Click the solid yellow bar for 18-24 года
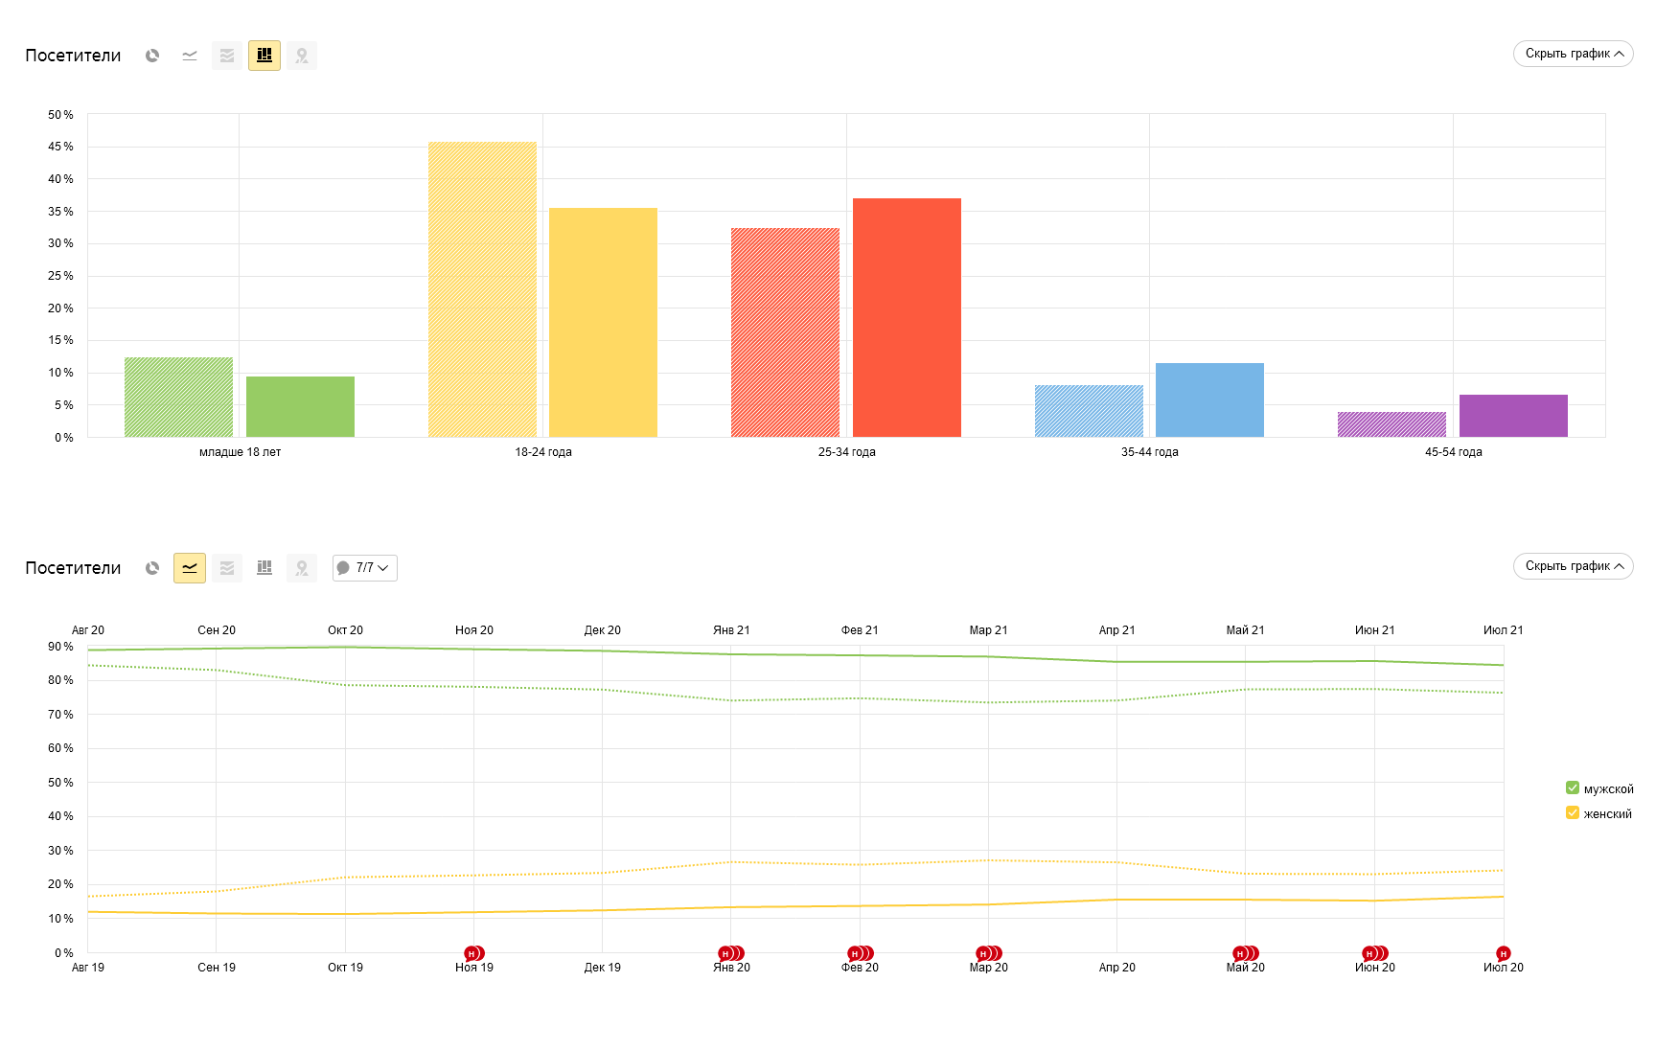point(603,322)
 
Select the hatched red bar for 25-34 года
point(785,332)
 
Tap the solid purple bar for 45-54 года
point(1513,416)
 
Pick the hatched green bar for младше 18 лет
point(178,397)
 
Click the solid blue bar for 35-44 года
point(1209,399)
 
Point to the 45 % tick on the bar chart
point(60,147)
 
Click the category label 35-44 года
point(1149,452)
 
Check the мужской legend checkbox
point(1572,788)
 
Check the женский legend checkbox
point(1572,813)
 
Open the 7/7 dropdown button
point(364,568)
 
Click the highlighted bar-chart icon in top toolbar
point(264,56)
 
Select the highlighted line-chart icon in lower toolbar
point(190,568)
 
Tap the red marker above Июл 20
point(1503,953)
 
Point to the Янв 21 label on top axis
point(731,630)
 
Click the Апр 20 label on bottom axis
point(1116,968)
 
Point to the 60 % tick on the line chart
point(60,748)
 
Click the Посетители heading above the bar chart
point(73,56)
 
